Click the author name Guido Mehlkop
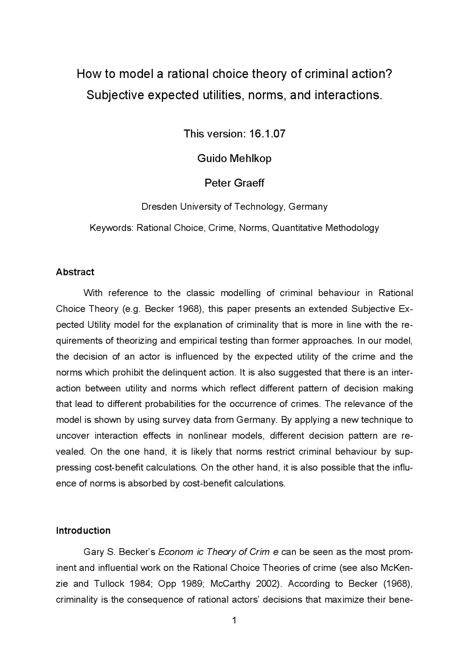pyautogui.click(x=234, y=158)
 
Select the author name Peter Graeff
pyautogui.click(x=234, y=183)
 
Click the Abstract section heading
pyautogui.click(x=75, y=272)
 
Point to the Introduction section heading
pyautogui.click(x=83, y=531)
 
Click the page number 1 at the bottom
pyautogui.click(x=234, y=620)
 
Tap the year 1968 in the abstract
pyautogui.click(x=189, y=309)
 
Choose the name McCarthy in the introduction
pyautogui.click(x=230, y=584)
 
